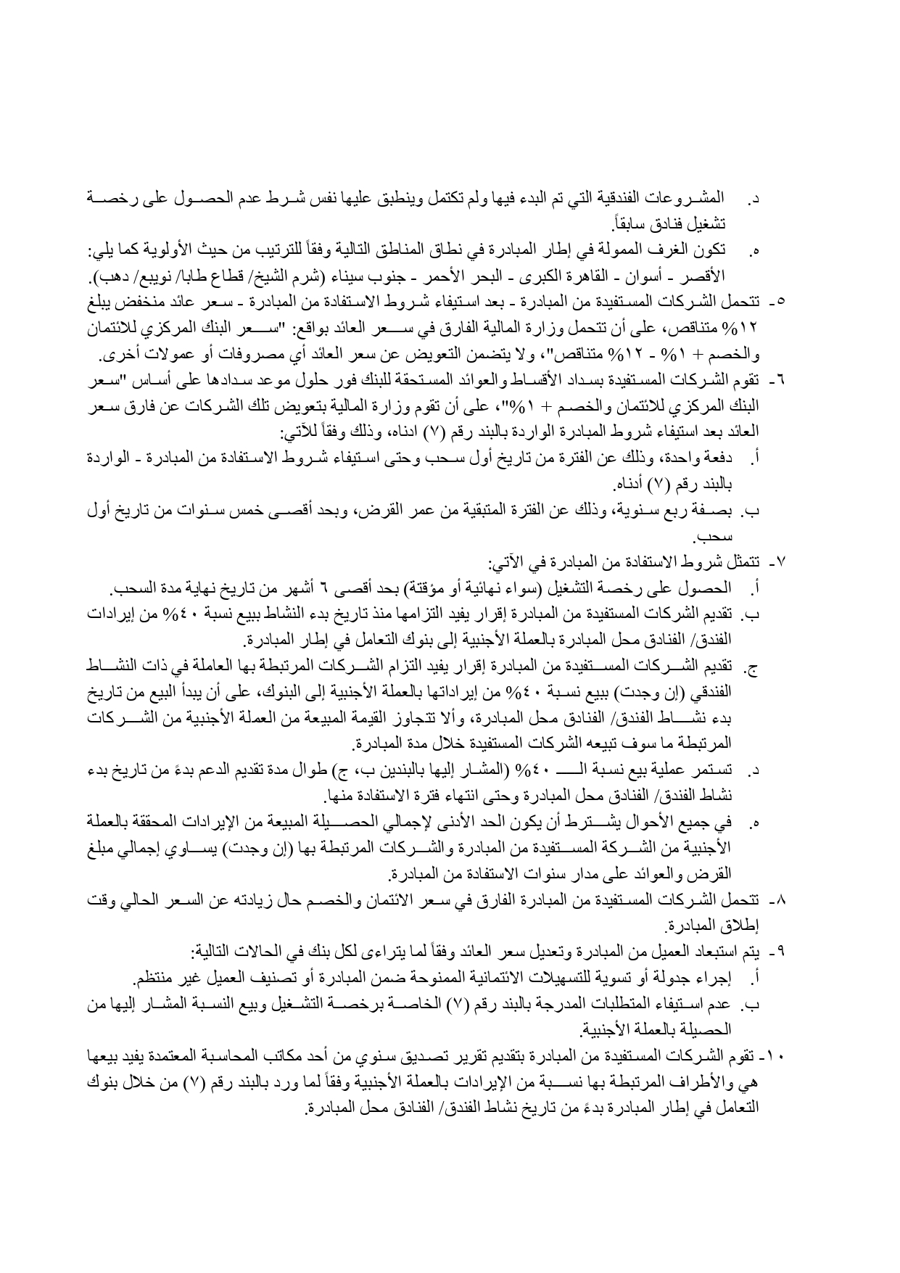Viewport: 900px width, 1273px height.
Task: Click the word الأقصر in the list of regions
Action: click(x=735, y=276)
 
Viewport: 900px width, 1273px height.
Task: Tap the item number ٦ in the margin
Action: click(x=783, y=379)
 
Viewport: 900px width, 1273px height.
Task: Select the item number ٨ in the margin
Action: click(x=783, y=900)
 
